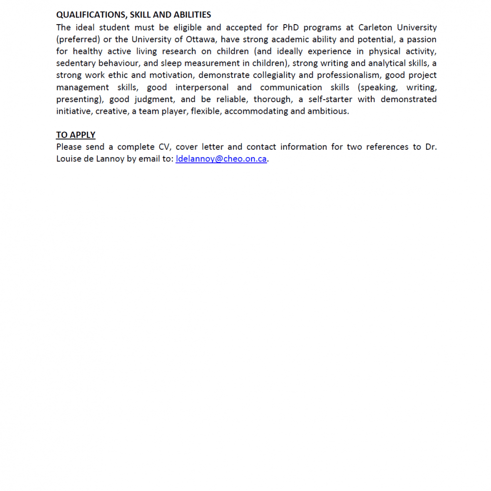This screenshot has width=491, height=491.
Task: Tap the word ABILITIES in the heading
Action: click(x=190, y=15)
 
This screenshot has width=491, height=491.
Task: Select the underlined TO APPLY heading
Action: click(x=76, y=135)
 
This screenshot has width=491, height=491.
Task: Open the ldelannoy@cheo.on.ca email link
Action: click(x=221, y=159)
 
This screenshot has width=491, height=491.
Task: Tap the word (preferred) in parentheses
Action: click(x=78, y=39)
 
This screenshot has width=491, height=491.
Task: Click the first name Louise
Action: click(x=69, y=159)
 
